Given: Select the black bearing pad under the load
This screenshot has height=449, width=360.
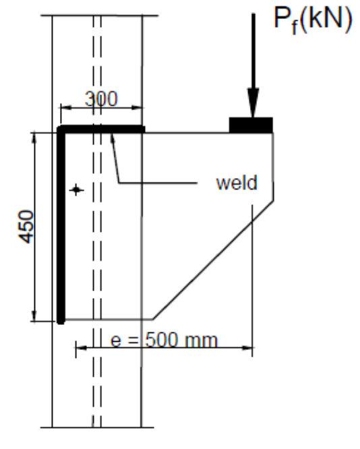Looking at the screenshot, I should click(x=251, y=125).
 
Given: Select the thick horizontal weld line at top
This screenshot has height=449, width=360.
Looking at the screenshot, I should click(x=101, y=128).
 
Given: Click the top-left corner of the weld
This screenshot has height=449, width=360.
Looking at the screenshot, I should click(x=61, y=128).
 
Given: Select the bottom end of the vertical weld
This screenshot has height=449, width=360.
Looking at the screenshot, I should click(x=61, y=321).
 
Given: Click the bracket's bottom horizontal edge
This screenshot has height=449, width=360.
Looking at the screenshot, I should click(x=108, y=319).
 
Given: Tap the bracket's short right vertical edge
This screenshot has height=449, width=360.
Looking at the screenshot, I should click(x=273, y=165).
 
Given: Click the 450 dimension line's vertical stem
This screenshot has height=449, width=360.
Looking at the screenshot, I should click(x=34, y=270).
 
